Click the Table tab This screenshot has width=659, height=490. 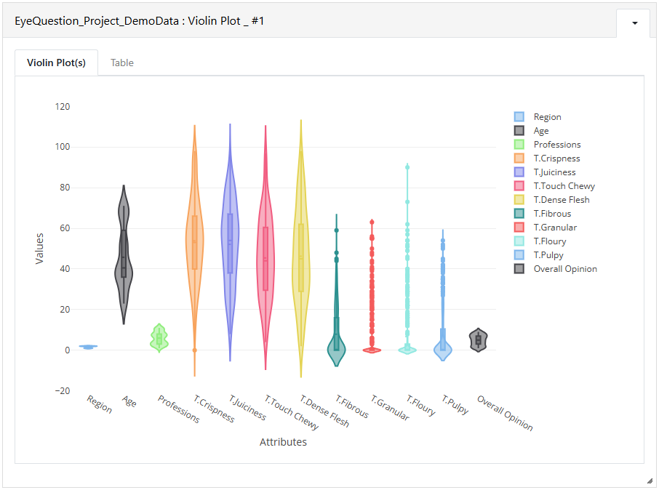click(122, 63)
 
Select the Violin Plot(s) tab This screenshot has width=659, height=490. click(56, 63)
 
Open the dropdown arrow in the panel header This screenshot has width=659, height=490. click(634, 23)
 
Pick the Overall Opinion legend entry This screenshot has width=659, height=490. click(555, 269)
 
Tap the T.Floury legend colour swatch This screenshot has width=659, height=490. click(519, 241)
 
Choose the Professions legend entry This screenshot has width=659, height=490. click(547, 145)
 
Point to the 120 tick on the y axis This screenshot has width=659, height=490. click(63, 107)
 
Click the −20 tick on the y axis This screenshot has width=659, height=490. click(63, 391)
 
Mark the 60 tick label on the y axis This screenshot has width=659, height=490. click(65, 228)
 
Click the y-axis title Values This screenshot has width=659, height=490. click(39, 249)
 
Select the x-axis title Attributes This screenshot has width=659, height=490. click(283, 442)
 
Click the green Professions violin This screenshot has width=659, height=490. click(159, 338)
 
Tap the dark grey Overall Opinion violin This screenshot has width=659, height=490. click(479, 340)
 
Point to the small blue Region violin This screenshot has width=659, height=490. click(88, 347)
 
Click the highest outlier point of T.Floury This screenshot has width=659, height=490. click(407, 167)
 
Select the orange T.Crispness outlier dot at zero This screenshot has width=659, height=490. click(195, 350)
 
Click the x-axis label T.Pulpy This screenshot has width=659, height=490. click(455, 405)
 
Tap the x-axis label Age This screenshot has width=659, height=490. click(129, 401)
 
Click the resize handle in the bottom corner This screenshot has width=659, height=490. click(650, 481)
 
